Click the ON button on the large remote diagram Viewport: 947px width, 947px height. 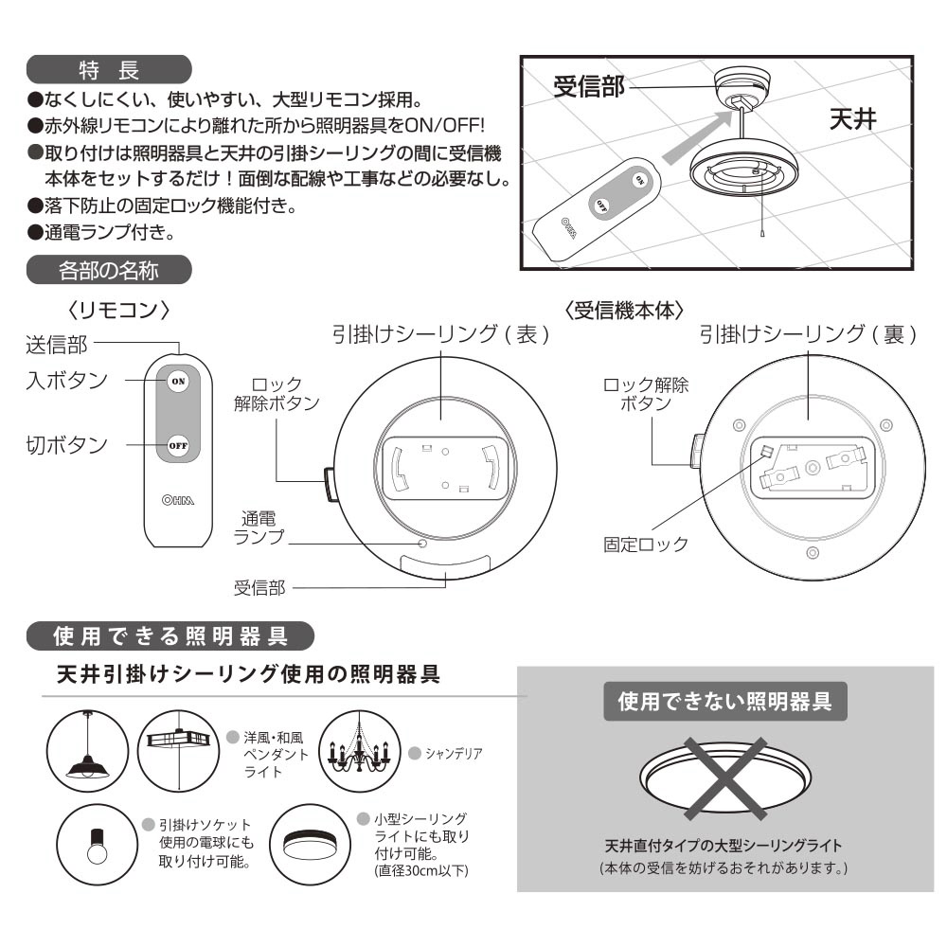point(178,381)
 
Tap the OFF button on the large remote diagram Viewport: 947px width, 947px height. point(178,446)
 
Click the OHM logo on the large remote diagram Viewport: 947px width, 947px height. point(178,500)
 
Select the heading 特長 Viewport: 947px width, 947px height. point(109,70)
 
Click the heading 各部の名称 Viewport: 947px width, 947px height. point(109,270)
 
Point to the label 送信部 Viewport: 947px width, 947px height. point(57,345)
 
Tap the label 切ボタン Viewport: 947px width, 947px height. point(66,445)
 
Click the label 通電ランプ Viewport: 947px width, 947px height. point(259,527)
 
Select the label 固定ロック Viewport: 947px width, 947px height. point(646,545)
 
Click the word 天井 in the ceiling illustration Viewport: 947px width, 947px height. point(853,119)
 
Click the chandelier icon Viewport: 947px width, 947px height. point(359,751)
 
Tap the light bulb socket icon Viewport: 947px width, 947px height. point(98,845)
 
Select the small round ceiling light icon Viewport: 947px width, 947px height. point(310,845)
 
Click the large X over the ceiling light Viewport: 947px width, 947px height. point(725,778)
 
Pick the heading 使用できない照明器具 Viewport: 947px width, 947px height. point(724,701)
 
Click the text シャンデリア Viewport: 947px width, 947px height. point(454,753)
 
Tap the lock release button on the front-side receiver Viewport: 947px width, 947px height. point(331,484)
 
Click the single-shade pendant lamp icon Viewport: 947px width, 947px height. point(87,751)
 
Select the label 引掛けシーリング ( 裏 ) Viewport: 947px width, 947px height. point(808,334)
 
